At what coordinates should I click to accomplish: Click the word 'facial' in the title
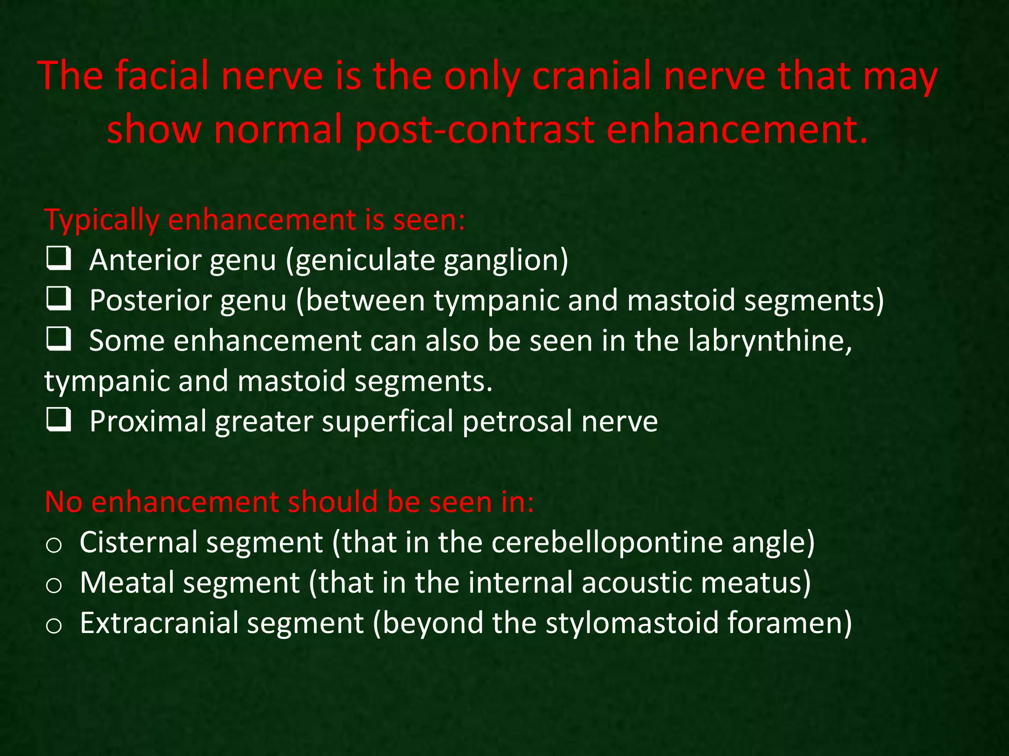(x=167, y=76)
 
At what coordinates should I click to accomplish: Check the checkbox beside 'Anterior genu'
(x=59, y=259)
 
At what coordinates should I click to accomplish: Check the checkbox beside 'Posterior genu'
(x=59, y=299)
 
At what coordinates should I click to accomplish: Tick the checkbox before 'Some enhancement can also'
(x=59, y=340)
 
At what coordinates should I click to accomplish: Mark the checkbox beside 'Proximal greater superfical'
(x=59, y=420)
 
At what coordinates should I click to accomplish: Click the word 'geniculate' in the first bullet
(x=364, y=260)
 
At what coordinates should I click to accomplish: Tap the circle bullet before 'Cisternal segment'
(x=53, y=545)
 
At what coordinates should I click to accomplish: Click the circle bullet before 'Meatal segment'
(x=53, y=585)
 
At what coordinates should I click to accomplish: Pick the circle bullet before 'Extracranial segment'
(x=53, y=626)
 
